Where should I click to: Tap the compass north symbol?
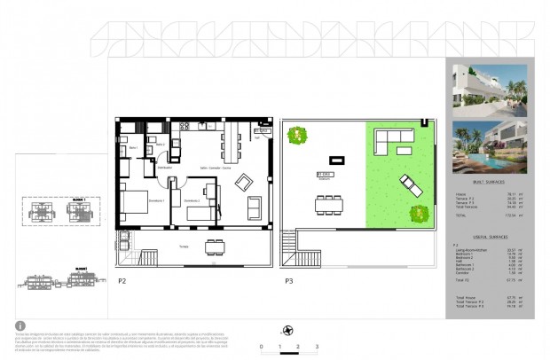point(287,330)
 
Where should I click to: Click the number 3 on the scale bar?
point(317,347)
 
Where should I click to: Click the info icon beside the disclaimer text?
point(20,325)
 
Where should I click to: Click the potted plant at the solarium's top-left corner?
point(297,135)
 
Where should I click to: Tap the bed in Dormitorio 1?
point(139,205)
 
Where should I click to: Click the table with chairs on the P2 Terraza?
point(213,247)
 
